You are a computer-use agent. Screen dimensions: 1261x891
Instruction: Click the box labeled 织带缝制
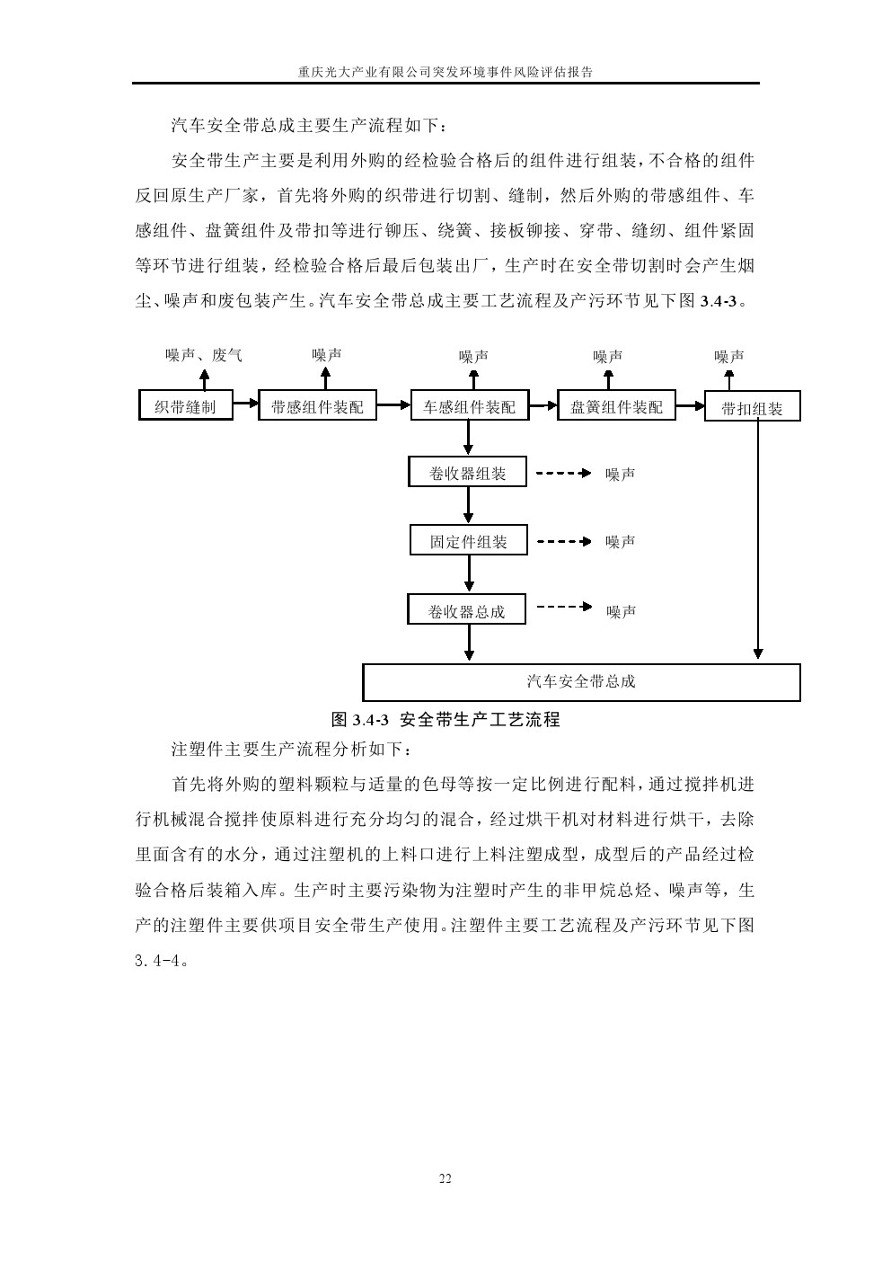tap(185, 406)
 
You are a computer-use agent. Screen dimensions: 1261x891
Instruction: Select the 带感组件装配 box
tap(317, 406)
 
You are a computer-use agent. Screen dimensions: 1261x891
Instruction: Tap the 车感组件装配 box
tap(469, 406)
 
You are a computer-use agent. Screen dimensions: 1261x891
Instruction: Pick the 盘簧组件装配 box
tap(616, 406)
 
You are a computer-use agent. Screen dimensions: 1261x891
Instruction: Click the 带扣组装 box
tap(752, 408)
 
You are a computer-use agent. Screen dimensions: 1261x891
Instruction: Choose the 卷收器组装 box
tap(468, 473)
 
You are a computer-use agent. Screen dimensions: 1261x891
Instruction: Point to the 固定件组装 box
tap(468, 541)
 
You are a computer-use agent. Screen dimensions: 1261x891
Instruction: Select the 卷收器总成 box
tap(466, 611)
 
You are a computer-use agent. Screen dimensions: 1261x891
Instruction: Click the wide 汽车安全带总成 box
tap(581, 681)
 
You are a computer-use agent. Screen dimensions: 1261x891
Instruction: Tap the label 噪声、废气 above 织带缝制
tap(204, 355)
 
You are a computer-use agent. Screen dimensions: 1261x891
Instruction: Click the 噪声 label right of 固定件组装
tap(621, 542)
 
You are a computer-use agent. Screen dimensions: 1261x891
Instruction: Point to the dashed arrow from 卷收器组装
tap(563, 473)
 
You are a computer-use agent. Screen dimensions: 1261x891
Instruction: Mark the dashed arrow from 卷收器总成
tap(563, 607)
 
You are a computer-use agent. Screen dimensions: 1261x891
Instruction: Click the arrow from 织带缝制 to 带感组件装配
tap(246, 405)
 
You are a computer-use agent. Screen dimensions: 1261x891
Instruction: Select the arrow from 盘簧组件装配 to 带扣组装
tap(690, 405)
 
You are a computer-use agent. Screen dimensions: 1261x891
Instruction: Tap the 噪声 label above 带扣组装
tap(729, 356)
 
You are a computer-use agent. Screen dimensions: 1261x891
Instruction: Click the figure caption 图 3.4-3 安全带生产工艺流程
tap(445, 719)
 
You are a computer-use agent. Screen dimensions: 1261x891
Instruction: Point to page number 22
tap(445, 1179)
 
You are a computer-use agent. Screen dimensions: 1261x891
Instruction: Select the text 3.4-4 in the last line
tap(160, 960)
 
